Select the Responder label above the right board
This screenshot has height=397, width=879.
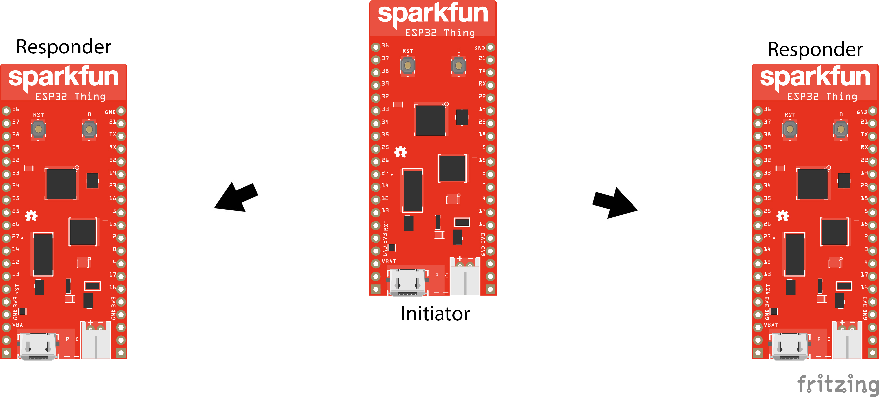point(815,49)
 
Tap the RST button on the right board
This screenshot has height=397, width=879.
point(790,129)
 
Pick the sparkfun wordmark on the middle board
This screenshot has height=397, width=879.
point(433,14)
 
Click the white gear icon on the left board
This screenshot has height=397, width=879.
point(31,215)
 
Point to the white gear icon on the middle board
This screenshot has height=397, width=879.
point(401,152)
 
